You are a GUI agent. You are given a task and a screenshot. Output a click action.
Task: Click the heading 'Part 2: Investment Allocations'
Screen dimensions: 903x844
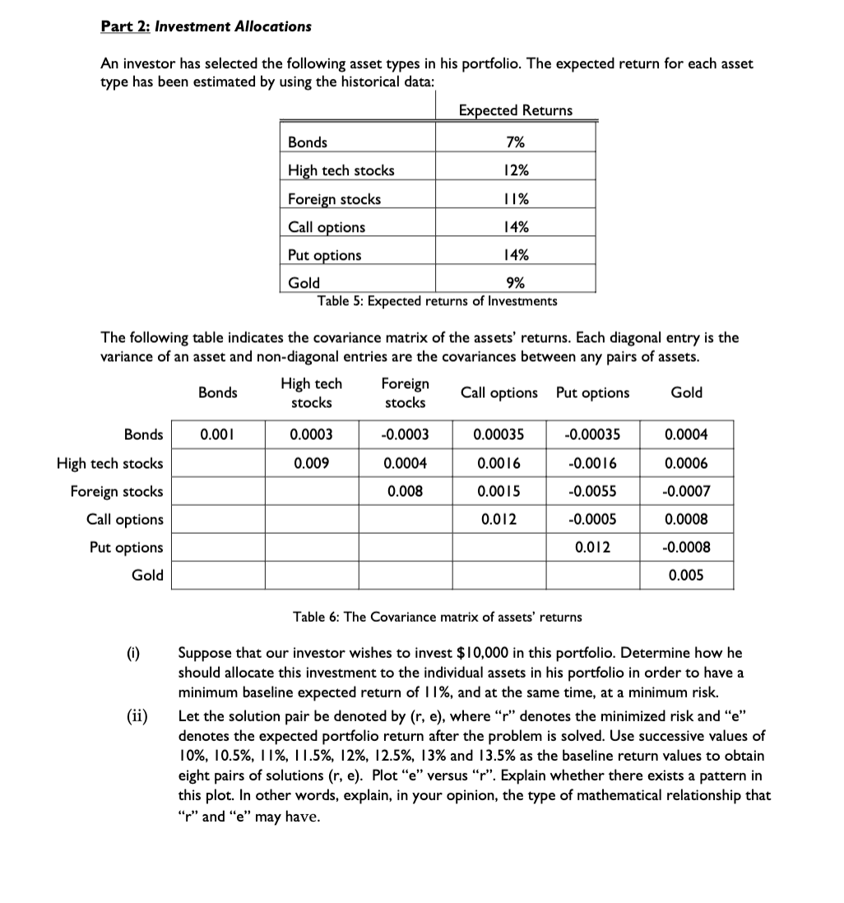(x=206, y=26)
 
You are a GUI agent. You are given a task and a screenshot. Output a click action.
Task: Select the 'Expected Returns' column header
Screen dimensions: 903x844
(x=515, y=110)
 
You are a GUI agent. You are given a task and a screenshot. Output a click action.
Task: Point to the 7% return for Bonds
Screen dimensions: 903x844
(x=516, y=142)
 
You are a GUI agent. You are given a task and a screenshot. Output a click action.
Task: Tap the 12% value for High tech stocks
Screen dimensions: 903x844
(x=516, y=170)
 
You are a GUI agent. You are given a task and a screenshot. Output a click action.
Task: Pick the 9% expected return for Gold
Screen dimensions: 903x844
(x=516, y=283)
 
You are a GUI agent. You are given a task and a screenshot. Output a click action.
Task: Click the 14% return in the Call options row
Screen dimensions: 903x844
(x=516, y=227)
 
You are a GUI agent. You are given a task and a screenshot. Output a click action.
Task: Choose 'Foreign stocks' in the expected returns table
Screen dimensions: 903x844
(x=334, y=199)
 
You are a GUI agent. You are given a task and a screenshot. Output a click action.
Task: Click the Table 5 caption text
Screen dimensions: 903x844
(x=437, y=301)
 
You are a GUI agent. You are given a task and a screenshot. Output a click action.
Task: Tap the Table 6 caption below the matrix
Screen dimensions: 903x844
(x=437, y=617)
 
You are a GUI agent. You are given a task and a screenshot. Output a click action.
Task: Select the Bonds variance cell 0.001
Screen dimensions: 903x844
(x=217, y=435)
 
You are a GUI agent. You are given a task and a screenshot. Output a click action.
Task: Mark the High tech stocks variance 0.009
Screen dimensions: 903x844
(x=312, y=463)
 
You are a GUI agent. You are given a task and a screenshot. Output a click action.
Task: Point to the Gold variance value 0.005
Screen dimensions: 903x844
(x=686, y=576)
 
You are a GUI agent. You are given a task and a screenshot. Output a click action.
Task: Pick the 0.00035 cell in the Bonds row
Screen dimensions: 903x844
(x=499, y=435)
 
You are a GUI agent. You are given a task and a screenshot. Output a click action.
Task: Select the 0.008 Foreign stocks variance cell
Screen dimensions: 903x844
(x=406, y=492)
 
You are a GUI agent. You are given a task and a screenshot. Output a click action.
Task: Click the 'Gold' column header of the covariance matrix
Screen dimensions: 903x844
(x=686, y=392)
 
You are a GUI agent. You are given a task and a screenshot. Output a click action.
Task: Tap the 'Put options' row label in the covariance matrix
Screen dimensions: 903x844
(x=126, y=548)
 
